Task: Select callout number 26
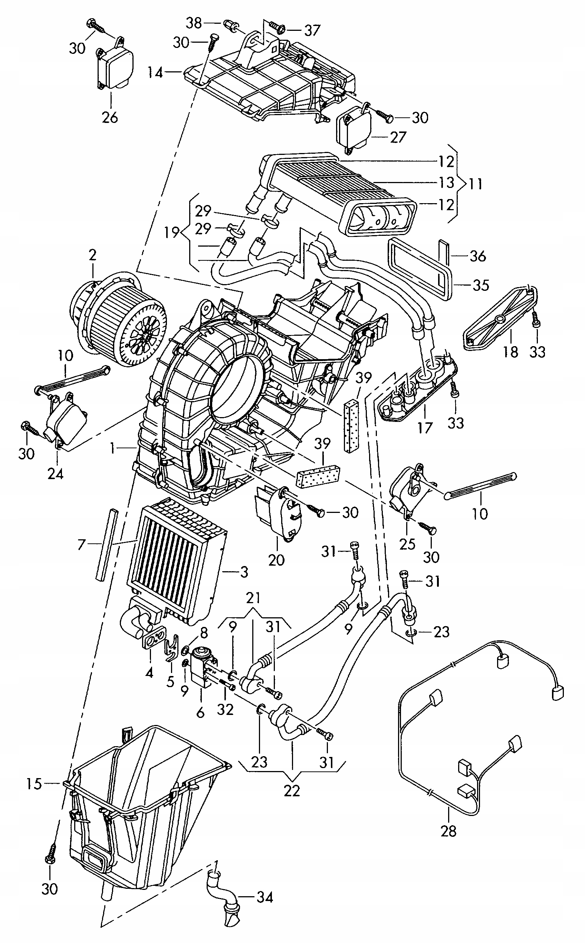click(x=109, y=117)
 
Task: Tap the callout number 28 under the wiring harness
click(x=448, y=830)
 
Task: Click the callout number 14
click(x=155, y=72)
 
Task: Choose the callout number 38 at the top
click(x=194, y=23)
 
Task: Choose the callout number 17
click(x=424, y=428)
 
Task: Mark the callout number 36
click(x=477, y=256)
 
